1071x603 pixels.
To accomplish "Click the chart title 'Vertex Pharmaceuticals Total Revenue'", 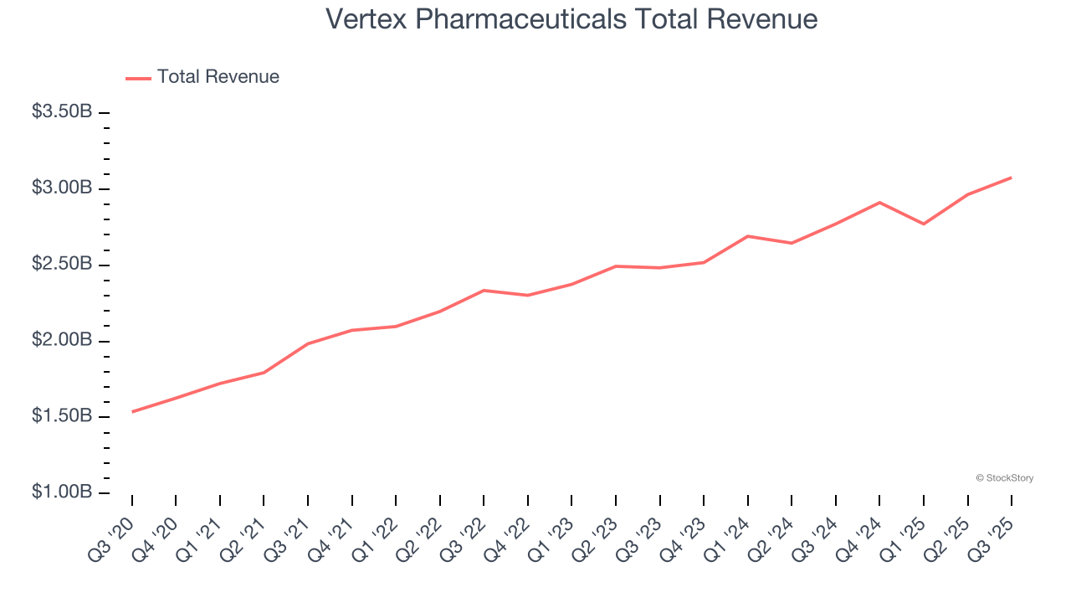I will (571, 19).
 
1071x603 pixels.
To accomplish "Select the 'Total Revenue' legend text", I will (218, 77).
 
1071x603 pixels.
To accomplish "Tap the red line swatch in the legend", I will (138, 78).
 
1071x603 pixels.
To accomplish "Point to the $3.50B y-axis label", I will (62, 111).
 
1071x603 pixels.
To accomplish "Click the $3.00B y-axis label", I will (62, 188).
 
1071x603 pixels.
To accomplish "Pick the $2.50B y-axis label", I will (62, 264).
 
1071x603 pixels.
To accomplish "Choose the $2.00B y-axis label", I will (62, 340).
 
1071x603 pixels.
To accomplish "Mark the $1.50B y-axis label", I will (62, 416).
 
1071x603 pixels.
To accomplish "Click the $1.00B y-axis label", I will (62, 492).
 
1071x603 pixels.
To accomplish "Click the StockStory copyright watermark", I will (1004, 478).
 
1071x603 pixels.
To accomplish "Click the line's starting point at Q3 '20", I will (132, 412).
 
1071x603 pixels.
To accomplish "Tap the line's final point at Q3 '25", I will (1012, 178).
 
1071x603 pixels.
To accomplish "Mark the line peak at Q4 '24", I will (879, 202).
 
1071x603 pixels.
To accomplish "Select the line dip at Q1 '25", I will (924, 224).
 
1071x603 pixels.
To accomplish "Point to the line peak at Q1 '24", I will (747, 236).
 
